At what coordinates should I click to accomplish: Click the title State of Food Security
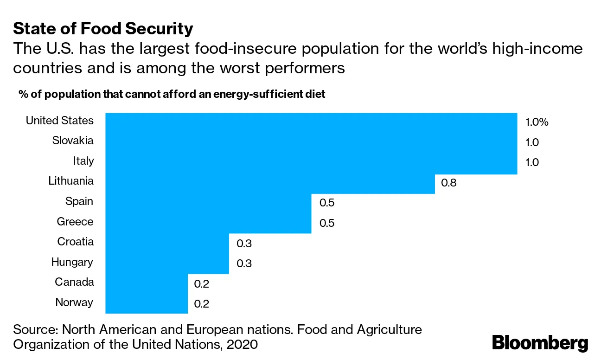103,29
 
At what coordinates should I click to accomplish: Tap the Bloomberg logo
540,343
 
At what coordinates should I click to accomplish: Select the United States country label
59,121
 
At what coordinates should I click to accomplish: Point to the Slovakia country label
73,141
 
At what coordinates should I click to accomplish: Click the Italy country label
83,161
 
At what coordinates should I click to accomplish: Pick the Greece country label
75,222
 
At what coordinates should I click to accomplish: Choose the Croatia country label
75,242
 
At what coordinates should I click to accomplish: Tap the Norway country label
74,302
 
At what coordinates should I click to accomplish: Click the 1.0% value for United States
537,122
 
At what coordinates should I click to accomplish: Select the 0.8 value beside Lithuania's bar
448,183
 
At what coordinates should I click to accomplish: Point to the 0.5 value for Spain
327,203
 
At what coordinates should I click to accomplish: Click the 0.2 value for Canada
202,283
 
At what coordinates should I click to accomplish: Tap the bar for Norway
147,304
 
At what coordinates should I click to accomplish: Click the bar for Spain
208,203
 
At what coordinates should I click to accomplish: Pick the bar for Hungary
167,264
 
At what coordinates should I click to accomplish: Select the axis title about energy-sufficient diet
172,94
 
